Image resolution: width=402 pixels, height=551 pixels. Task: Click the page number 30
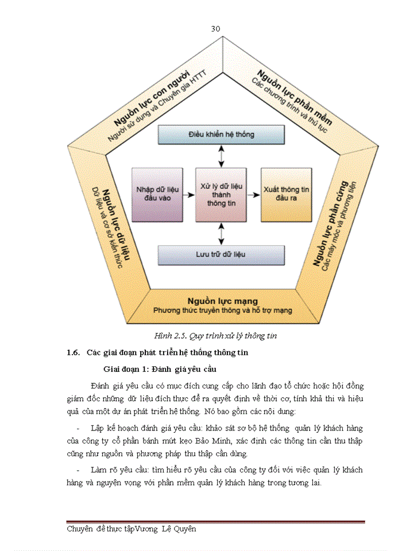click(x=216, y=29)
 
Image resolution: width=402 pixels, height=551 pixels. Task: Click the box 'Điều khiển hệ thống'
click(x=221, y=134)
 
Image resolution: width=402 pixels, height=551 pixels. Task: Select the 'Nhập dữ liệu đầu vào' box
click(x=156, y=195)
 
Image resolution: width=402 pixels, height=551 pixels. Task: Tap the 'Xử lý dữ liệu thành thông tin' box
click(x=221, y=195)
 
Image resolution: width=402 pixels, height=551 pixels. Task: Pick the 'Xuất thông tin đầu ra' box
click(x=286, y=195)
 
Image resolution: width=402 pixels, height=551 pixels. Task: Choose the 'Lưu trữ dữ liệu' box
click(x=221, y=254)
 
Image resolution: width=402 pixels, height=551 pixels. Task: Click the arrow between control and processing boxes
click(x=221, y=156)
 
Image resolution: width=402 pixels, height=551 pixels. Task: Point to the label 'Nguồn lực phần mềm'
click(x=295, y=96)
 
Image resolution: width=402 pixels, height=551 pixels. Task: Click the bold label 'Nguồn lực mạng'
click(x=222, y=301)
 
